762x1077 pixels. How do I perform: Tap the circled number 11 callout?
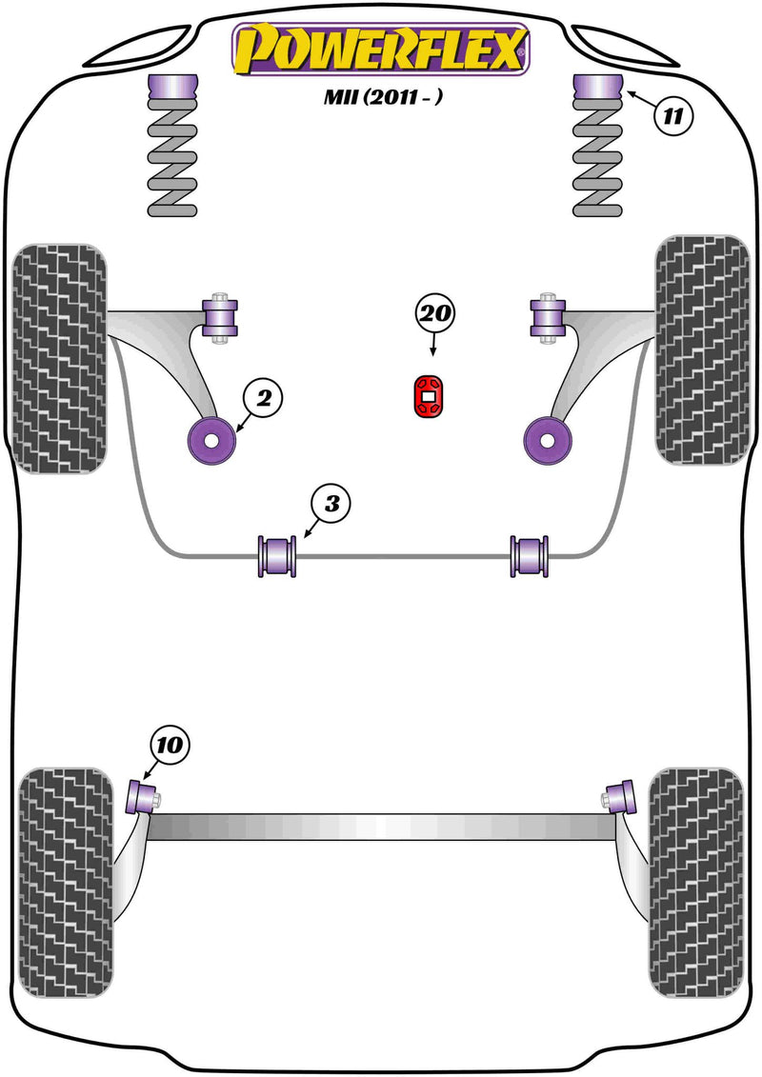pos(672,117)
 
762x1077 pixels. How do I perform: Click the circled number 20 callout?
pos(435,314)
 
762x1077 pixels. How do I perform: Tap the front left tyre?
pos(59,359)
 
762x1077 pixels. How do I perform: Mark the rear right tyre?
pos(695,867)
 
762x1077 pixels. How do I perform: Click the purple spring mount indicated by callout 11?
pos(595,92)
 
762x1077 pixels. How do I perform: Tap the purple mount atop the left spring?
pos(171,92)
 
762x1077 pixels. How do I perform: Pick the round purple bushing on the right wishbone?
pos(548,438)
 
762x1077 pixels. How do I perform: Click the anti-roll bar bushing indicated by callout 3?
pos(278,556)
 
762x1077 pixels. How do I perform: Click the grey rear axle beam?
pos(381,826)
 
